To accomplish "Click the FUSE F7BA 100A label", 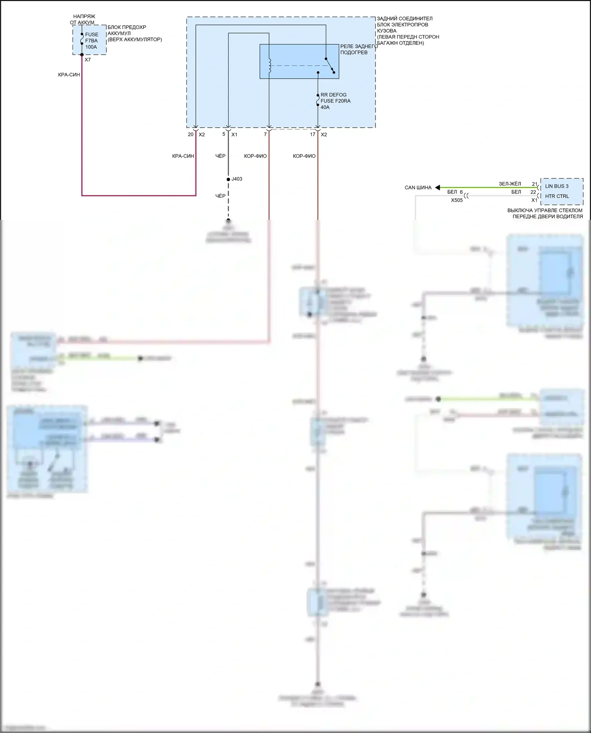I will [91, 41].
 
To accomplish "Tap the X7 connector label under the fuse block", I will [87, 60].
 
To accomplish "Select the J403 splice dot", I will [229, 179].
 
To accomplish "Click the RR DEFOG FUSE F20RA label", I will [335, 101].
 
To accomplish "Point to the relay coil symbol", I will [269, 66].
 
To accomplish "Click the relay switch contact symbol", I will [330, 66].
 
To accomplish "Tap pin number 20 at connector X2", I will [191, 135].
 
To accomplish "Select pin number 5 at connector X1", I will [224, 134].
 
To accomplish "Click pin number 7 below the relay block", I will [265, 135].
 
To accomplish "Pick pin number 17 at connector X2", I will [312, 135].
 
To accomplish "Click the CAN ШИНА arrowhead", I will [437, 187].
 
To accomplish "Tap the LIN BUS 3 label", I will [557, 186].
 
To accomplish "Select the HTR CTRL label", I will [557, 196].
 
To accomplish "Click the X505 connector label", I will [457, 200].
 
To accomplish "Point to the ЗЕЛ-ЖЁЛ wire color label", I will [510, 184].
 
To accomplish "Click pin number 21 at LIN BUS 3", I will [534, 184].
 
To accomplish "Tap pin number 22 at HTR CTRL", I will [533, 192].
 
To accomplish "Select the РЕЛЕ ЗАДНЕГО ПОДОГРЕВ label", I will [359, 49].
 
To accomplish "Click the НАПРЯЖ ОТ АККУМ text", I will [84, 20].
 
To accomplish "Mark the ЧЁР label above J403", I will [220, 156].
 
